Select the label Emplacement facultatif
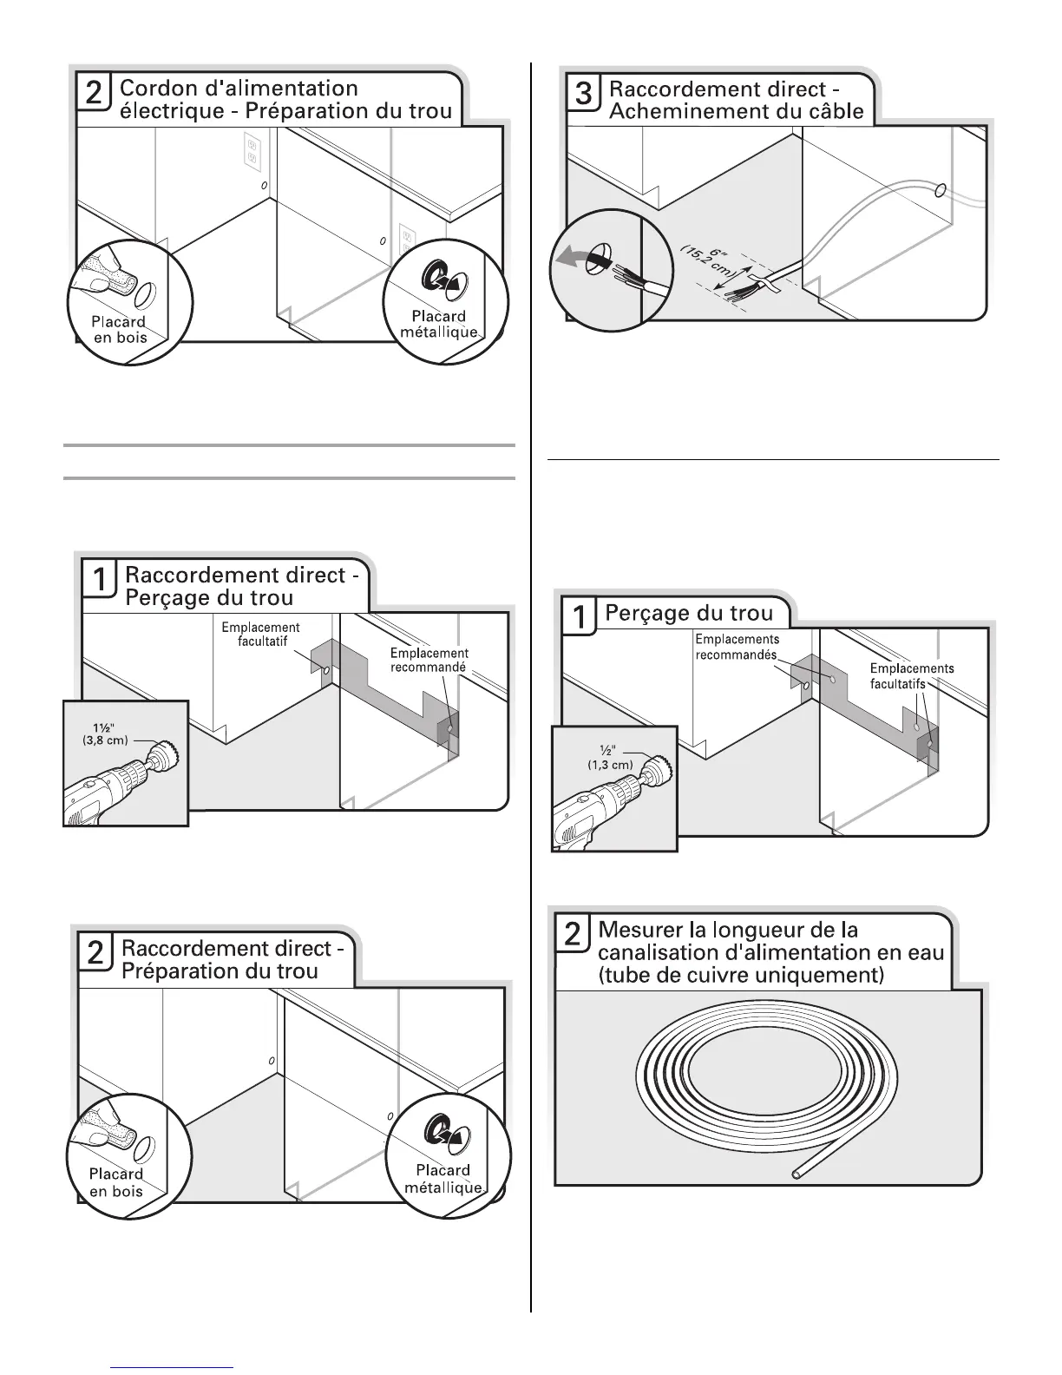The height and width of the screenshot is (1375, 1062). (260, 634)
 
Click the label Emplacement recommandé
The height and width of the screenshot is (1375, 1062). (429, 661)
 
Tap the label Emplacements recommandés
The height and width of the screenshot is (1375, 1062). (737, 647)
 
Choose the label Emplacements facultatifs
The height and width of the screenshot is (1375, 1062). (911, 675)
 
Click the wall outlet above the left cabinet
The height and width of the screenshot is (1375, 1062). (252, 151)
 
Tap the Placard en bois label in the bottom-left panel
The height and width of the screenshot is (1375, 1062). (116, 1181)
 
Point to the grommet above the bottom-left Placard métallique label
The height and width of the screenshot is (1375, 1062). (436, 1129)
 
